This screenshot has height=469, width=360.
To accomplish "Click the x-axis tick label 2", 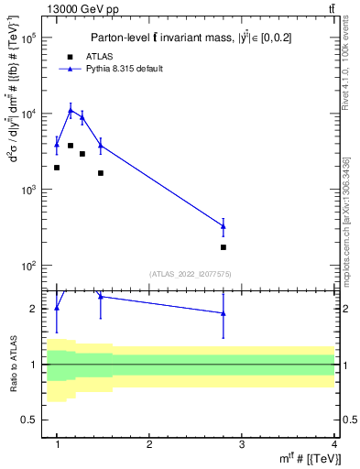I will pos(149,444).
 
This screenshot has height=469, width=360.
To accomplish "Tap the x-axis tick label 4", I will pos(333,444).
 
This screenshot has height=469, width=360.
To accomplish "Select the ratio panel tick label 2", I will pos(32,309).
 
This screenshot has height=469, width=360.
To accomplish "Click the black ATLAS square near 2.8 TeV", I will pos(224,247).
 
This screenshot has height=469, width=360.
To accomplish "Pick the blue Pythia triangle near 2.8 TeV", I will pos(224,226).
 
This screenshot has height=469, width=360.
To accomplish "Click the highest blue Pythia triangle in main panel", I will pos(71,110).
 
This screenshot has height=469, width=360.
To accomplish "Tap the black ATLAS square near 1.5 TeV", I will pos(101,173).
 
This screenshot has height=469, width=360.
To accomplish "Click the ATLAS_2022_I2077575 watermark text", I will pos(191,273).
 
